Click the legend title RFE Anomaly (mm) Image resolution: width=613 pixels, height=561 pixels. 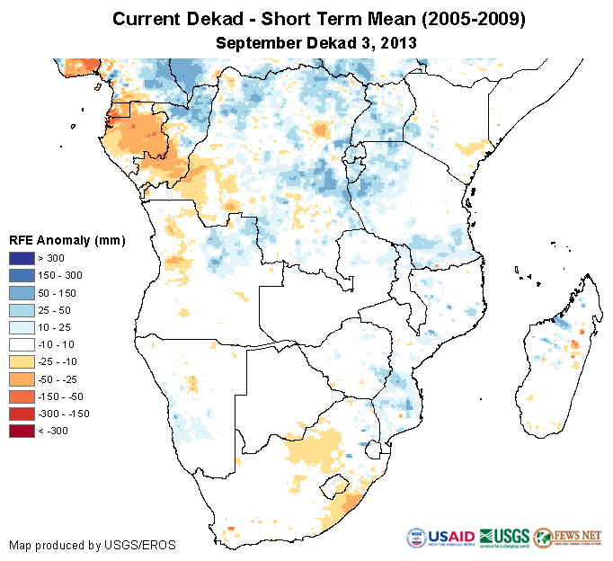67,241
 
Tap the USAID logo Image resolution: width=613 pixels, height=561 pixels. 440,538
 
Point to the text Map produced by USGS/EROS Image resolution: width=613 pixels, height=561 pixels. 92,545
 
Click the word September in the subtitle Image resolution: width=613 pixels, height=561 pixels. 261,41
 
